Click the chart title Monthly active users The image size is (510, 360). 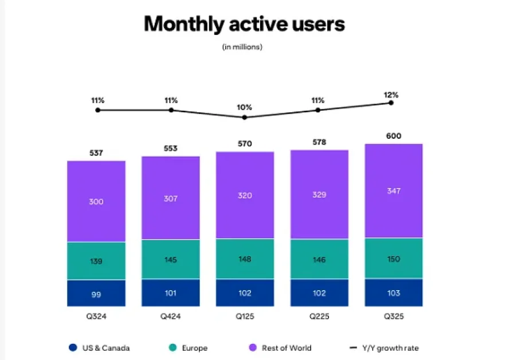tap(244, 24)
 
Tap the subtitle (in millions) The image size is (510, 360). tap(242, 47)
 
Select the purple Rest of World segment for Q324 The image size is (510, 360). tap(96, 201)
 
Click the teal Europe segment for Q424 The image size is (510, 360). tap(171, 259)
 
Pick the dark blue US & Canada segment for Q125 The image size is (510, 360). tap(245, 292)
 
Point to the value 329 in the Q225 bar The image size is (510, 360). tap(319, 195)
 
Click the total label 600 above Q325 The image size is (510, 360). tap(394, 136)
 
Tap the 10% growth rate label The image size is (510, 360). tap(245, 107)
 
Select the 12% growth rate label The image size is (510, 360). tap(391, 95)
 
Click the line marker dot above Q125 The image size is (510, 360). tap(245, 118)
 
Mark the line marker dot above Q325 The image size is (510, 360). tap(391, 103)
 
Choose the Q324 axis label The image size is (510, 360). tap(96, 316)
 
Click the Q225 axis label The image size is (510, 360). tap(319, 316)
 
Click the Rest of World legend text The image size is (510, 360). tap(287, 347)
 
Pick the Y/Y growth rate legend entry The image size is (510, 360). tap(384, 347)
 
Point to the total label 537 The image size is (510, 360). tap(96, 153)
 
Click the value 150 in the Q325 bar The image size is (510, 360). tap(394, 259)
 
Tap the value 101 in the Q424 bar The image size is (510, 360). tap(171, 293)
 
